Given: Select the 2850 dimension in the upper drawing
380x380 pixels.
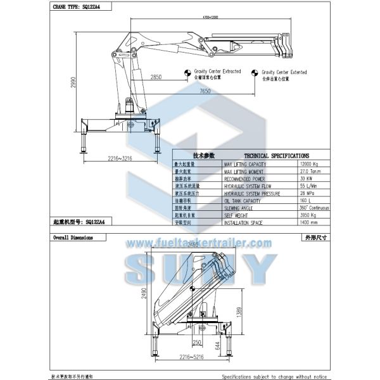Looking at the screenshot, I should coord(156,77).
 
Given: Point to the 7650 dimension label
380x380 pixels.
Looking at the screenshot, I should coord(204,92).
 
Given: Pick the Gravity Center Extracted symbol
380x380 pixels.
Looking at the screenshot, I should coord(188,73).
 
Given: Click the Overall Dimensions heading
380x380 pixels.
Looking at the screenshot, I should coord(73,238).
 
